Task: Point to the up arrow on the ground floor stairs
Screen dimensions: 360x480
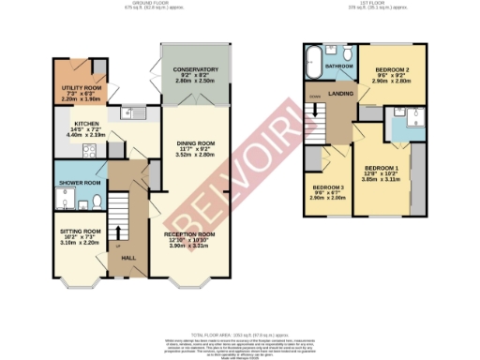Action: point(120,231)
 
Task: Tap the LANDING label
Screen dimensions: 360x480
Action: point(340,91)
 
